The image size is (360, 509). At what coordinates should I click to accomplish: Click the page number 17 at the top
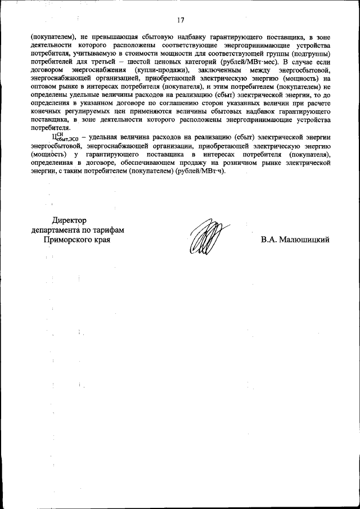point(181,21)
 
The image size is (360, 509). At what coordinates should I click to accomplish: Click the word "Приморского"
point(66,240)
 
